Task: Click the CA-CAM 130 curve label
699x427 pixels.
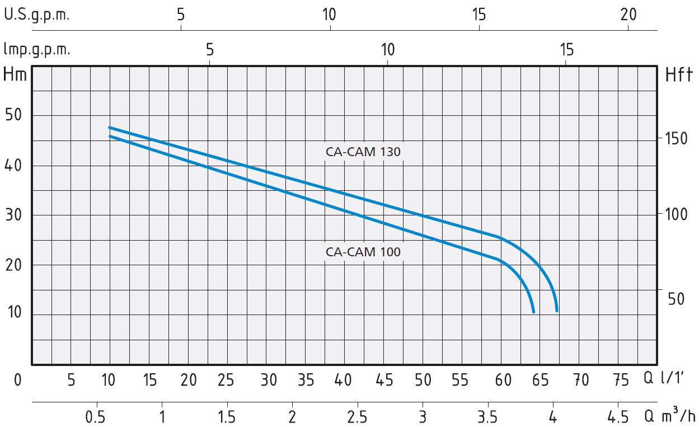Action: pos(363,152)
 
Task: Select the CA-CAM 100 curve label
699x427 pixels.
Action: pos(363,252)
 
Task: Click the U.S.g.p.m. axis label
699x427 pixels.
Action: pos(37,15)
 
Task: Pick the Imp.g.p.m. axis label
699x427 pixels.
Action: pos(37,50)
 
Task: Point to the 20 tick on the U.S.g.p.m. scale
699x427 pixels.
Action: pos(628,15)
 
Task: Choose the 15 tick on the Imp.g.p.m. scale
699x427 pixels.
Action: pos(566,50)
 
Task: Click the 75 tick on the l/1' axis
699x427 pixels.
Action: pos(621,381)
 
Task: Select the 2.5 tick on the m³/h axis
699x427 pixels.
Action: pos(357,417)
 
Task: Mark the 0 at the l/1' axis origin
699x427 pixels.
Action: pos(17,381)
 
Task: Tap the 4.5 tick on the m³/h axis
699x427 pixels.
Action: pos(617,417)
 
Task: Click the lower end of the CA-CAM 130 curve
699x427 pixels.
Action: pos(557,310)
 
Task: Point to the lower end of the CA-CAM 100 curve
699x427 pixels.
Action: pos(533,311)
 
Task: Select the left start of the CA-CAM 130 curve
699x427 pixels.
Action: pos(110,128)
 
